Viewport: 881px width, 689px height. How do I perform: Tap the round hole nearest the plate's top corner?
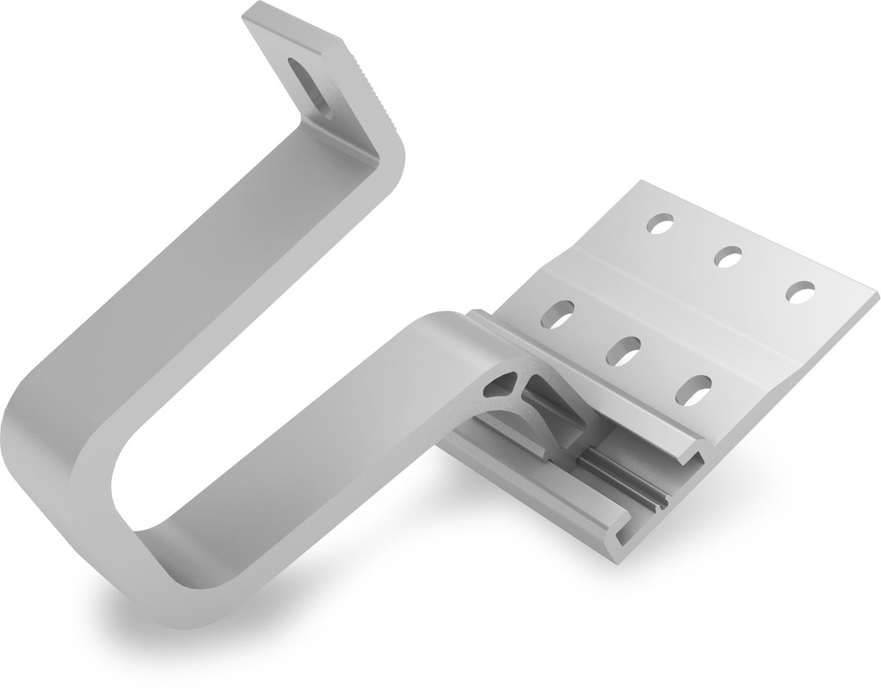[661, 225]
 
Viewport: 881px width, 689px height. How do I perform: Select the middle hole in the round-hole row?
[728, 255]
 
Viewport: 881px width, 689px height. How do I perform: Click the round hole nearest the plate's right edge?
[800, 292]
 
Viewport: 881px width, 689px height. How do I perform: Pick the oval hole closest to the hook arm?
[558, 314]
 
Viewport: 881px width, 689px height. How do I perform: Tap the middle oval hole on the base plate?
[623, 351]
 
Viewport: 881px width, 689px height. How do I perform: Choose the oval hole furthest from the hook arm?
[693, 390]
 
